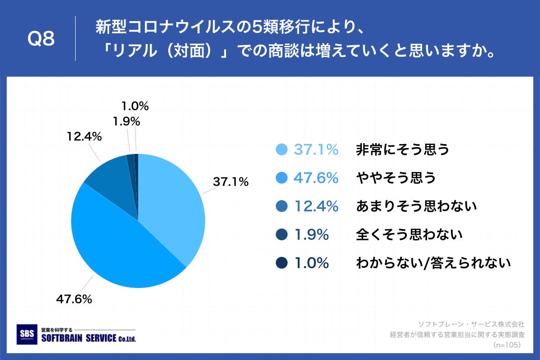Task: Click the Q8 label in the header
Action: pos(41,39)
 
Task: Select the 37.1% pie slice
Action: pos(173,202)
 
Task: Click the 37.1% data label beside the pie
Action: pos(230,182)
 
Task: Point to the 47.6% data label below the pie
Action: pos(74,299)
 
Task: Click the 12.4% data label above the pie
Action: pos(84,136)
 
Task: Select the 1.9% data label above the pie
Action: pos(126,121)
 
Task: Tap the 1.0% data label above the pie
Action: pos(135,106)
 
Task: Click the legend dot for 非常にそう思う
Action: pos(282,150)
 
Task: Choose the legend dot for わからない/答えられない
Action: pos(282,263)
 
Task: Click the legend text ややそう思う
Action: pos(396,178)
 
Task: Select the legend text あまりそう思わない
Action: pos(416,207)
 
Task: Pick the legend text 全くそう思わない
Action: pos(409,234)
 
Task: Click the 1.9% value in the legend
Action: pos(311,234)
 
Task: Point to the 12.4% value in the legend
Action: pos(316,207)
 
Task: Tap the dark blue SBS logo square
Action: pos(27,335)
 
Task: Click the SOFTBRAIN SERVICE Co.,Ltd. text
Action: pos(88,338)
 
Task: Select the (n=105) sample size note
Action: pos(506,345)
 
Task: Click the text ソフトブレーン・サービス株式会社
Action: pos(471,324)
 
